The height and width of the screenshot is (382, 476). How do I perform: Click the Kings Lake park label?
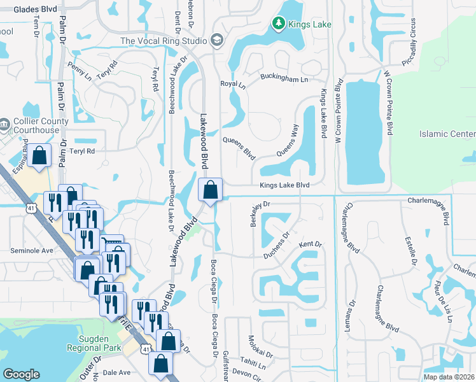click(x=311, y=25)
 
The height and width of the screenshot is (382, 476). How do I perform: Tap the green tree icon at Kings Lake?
click(x=278, y=24)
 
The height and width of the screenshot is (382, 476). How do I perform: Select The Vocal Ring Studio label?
click(x=164, y=41)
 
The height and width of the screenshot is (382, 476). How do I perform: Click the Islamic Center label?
click(x=447, y=134)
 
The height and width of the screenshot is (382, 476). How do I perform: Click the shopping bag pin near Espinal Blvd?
click(x=39, y=155)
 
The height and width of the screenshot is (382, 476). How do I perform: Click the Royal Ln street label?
click(x=232, y=84)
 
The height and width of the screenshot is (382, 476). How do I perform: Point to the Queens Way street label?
click(x=287, y=140)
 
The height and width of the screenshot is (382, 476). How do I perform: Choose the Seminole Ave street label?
click(x=32, y=251)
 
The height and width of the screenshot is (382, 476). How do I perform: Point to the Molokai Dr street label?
click(x=260, y=348)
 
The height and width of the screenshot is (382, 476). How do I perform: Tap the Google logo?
click(x=22, y=374)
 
